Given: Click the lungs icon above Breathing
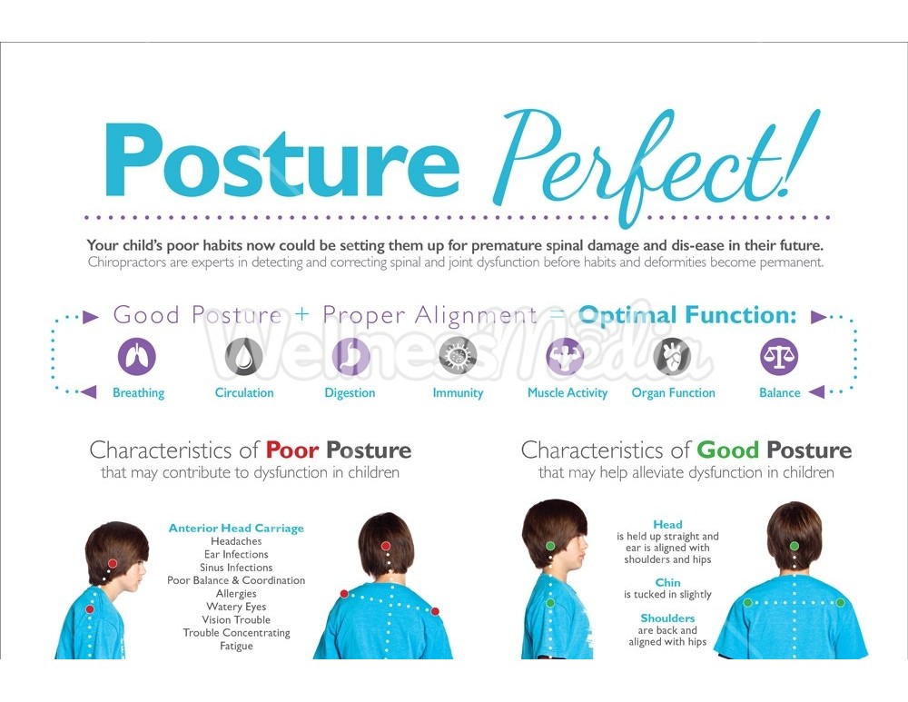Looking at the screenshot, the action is coord(137,356).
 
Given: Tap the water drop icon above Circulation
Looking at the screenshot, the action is coord(243,356).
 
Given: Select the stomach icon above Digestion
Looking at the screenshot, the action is coord(350,356).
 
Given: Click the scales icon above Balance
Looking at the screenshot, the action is coord(779,356).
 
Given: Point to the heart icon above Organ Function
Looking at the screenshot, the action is coord(672,356).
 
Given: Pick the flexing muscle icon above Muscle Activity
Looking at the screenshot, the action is coord(565,356).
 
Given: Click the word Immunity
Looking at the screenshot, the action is coord(458,392).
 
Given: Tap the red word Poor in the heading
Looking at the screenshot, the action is coord(292,450).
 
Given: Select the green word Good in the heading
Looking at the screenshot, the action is coord(728,450).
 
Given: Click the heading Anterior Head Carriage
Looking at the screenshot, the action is coord(236,529).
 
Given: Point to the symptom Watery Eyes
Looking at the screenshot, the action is coord(236,607).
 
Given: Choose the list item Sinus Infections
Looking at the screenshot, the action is coord(236,568).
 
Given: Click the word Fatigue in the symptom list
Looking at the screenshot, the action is coord(236,646).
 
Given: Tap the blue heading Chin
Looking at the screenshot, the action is coord(667,583).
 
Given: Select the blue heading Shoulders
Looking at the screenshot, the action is coord(667,618).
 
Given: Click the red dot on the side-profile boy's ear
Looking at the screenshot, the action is coord(113,564).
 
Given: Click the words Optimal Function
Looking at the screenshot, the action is coord(687,315).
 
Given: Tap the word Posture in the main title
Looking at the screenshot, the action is coord(281,161).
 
